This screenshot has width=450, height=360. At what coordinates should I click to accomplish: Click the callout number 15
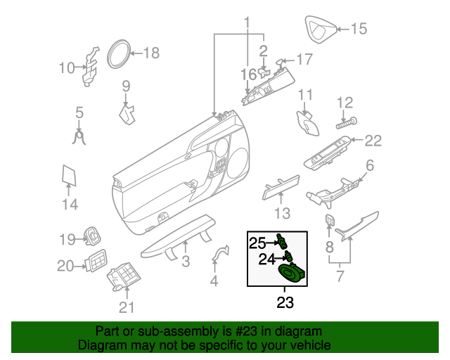[x=359, y=29]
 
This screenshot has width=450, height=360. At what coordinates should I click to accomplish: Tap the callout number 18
[x=151, y=52]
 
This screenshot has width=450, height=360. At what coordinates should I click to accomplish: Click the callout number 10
[x=66, y=68]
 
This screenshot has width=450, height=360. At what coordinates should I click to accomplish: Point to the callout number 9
[x=127, y=86]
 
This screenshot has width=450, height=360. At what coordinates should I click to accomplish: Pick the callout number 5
[x=79, y=112]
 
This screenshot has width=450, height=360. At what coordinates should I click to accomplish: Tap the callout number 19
[x=66, y=240]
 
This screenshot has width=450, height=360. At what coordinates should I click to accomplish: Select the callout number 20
[x=65, y=266]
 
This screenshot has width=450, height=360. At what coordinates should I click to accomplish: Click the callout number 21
[x=126, y=307]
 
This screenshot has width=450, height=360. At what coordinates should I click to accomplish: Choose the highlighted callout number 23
[x=284, y=304]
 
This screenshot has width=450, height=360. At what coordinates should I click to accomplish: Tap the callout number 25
[x=257, y=243]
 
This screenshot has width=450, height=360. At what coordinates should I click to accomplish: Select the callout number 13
[x=281, y=213]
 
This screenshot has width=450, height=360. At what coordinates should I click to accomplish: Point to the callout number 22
[x=372, y=141]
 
